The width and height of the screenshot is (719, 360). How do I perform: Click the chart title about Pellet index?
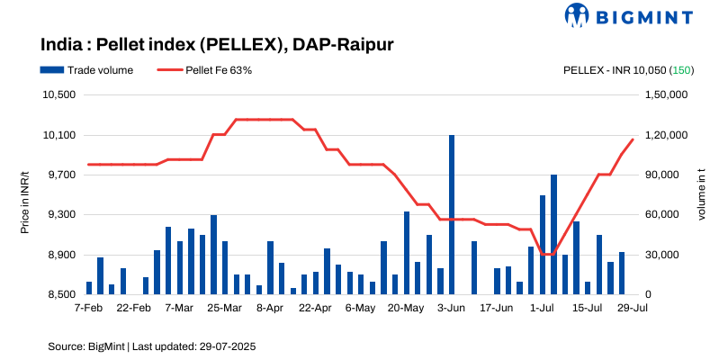(x=217, y=43)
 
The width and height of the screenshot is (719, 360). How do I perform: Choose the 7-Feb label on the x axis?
(x=88, y=308)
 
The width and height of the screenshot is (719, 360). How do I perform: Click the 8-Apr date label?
(x=270, y=308)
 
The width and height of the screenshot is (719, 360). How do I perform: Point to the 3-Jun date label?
(x=451, y=308)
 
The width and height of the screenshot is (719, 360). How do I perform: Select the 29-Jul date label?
(x=633, y=308)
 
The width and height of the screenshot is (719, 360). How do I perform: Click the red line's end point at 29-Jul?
(x=633, y=139)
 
